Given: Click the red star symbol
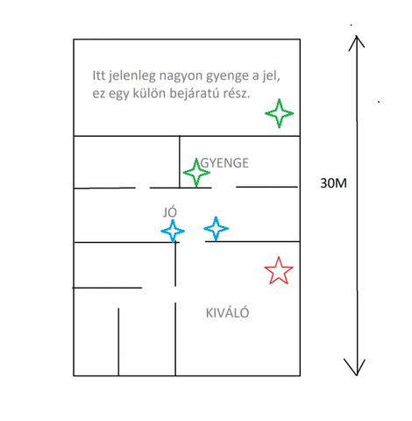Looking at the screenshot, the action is [x=279, y=271].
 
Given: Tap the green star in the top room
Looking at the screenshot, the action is [x=280, y=113].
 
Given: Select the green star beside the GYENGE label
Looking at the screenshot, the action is [x=196, y=173].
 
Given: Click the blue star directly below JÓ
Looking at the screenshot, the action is [x=173, y=231].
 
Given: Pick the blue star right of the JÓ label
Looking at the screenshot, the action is [x=216, y=228].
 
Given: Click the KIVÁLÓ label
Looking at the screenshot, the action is [x=227, y=312].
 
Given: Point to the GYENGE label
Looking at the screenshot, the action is [x=224, y=163].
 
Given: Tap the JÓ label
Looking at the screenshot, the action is [x=170, y=212].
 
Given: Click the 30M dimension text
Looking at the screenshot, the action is [x=333, y=183].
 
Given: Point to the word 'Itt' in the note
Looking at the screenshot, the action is [x=98, y=75].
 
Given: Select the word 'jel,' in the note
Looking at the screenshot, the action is [x=271, y=75].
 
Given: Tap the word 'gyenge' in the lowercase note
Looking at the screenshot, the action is [x=227, y=76].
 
